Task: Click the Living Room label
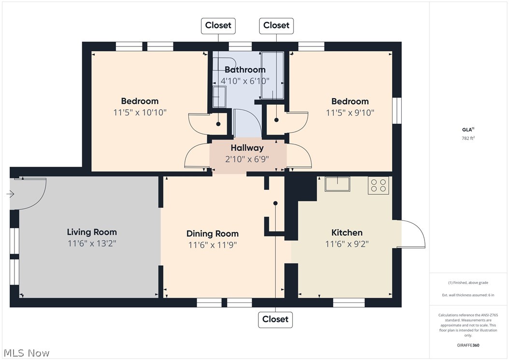[x=92, y=232]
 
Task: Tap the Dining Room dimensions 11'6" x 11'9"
[x=212, y=245]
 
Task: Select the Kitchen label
[x=347, y=232]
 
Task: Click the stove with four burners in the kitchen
[x=379, y=186]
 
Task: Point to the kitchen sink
[x=337, y=184]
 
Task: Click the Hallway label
[x=247, y=148]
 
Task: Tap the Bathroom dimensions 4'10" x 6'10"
[x=245, y=81]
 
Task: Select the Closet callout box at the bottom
[x=275, y=319]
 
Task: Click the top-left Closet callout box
[x=218, y=26]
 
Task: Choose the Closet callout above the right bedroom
[x=276, y=26]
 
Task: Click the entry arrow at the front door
[x=11, y=194]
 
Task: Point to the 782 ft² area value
[x=468, y=138]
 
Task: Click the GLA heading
[x=468, y=130]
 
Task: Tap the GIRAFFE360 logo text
[x=468, y=345]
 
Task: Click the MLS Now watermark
[x=27, y=353]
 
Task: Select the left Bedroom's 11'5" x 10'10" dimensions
[x=140, y=113]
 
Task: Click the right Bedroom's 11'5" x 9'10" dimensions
[x=350, y=113]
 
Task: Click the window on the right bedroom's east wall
[x=397, y=111]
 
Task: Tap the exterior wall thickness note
[x=468, y=295]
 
